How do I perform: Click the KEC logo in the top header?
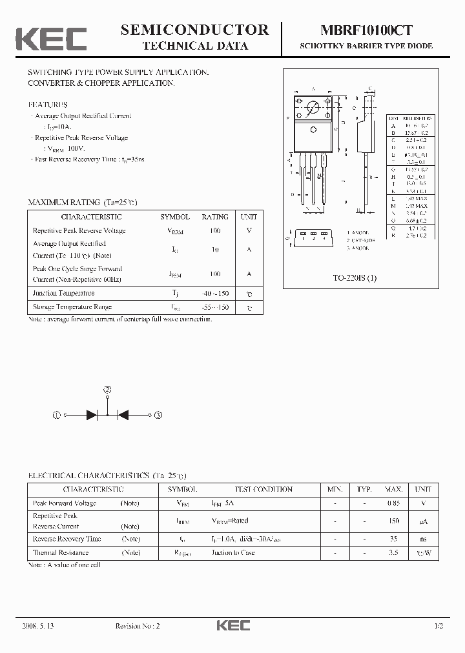click(51, 38)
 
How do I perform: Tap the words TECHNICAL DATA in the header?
click(194, 46)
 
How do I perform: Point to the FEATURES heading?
click(48, 104)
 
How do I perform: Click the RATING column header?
click(215, 217)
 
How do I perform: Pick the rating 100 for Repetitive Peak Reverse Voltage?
click(215, 230)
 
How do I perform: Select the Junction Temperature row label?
click(63, 293)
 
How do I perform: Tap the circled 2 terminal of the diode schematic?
click(107, 390)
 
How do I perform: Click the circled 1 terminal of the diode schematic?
click(57, 416)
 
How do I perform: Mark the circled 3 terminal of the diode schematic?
click(158, 416)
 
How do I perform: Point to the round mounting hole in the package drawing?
click(313, 108)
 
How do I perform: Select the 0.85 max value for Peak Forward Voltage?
click(393, 503)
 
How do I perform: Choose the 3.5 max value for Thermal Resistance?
click(393, 552)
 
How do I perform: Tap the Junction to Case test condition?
click(233, 552)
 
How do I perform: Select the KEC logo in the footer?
click(232, 626)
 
